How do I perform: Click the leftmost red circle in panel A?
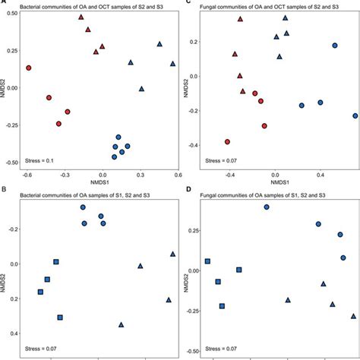(x=29, y=68)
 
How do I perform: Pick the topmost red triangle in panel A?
(x=81, y=17)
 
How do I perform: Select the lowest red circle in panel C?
(x=227, y=141)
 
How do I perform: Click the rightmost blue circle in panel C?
(x=355, y=116)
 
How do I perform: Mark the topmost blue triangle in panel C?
(x=285, y=17)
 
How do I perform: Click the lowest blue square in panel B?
(x=60, y=317)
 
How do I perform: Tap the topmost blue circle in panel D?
(x=267, y=207)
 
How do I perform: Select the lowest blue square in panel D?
(x=223, y=306)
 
